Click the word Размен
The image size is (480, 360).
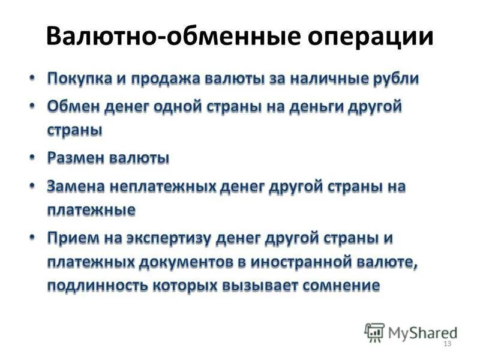pyautogui.click(x=76, y=159)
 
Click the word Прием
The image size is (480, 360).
pyautogui.click(x=71, y=238)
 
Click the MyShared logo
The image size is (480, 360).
pyautogui.click(x=410, y=332)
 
